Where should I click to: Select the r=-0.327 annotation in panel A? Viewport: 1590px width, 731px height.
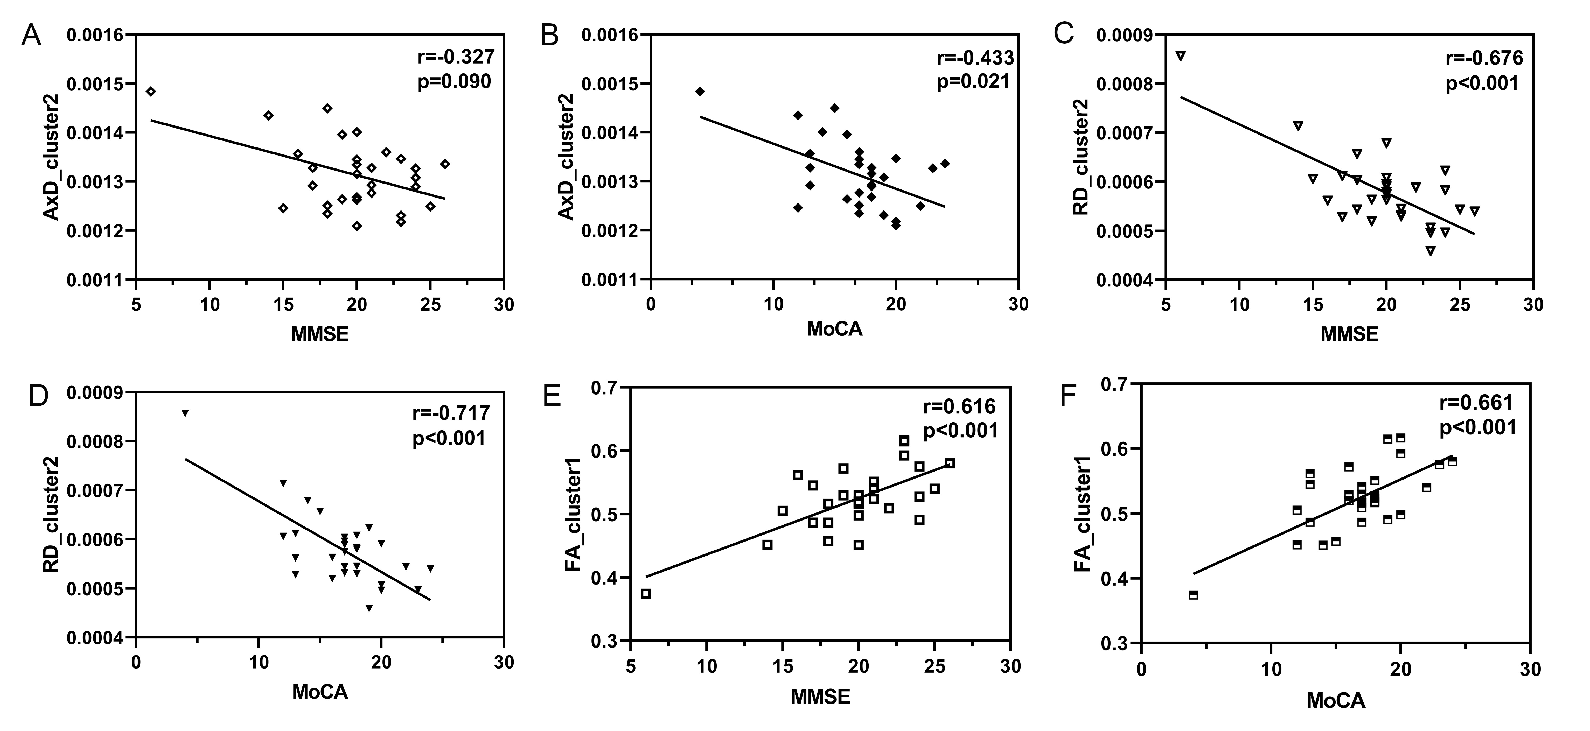click(x=456, y=57)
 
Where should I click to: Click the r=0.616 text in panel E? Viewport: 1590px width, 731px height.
click(x=959, y=406)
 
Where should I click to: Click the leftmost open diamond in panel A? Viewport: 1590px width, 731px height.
click(x=151, y=91)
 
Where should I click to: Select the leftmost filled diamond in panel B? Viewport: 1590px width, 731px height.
click(x=699, y=91)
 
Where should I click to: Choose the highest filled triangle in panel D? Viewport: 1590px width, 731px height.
click(x=185, y=413)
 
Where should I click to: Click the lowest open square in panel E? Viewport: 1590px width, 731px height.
click(x=646, y=593)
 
